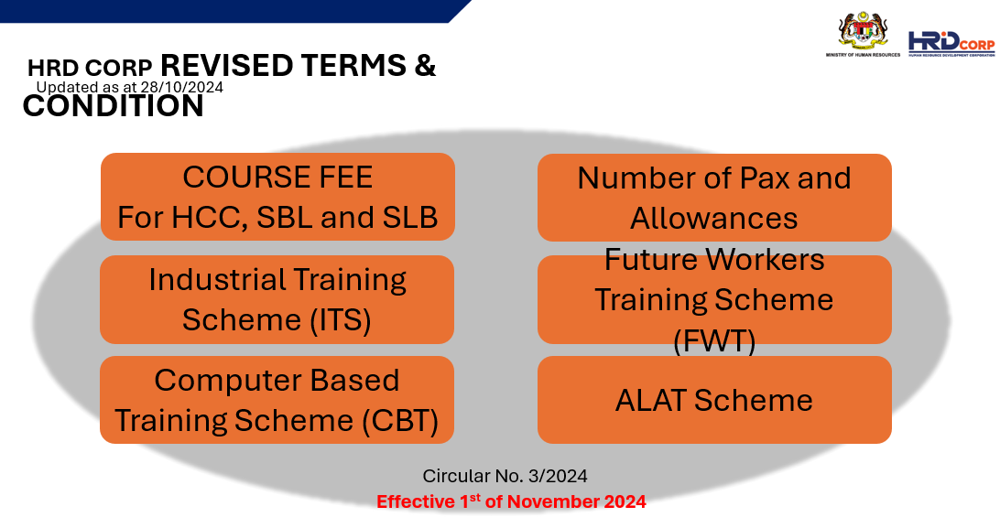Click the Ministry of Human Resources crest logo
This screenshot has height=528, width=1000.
863,34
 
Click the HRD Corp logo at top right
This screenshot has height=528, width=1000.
951,44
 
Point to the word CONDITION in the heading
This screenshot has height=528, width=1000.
114,106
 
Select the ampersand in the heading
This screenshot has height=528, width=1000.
426,65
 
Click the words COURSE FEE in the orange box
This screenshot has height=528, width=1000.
277,177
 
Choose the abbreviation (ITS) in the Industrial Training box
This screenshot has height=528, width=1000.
341,319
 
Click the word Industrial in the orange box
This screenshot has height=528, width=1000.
217,280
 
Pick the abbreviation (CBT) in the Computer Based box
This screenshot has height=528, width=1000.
400,421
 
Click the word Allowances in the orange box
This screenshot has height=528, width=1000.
713,219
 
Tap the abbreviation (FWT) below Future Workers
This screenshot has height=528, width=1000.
714,340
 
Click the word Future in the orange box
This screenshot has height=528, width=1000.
651,260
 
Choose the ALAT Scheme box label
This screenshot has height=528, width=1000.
713,401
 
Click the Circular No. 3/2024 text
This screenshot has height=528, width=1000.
505,476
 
